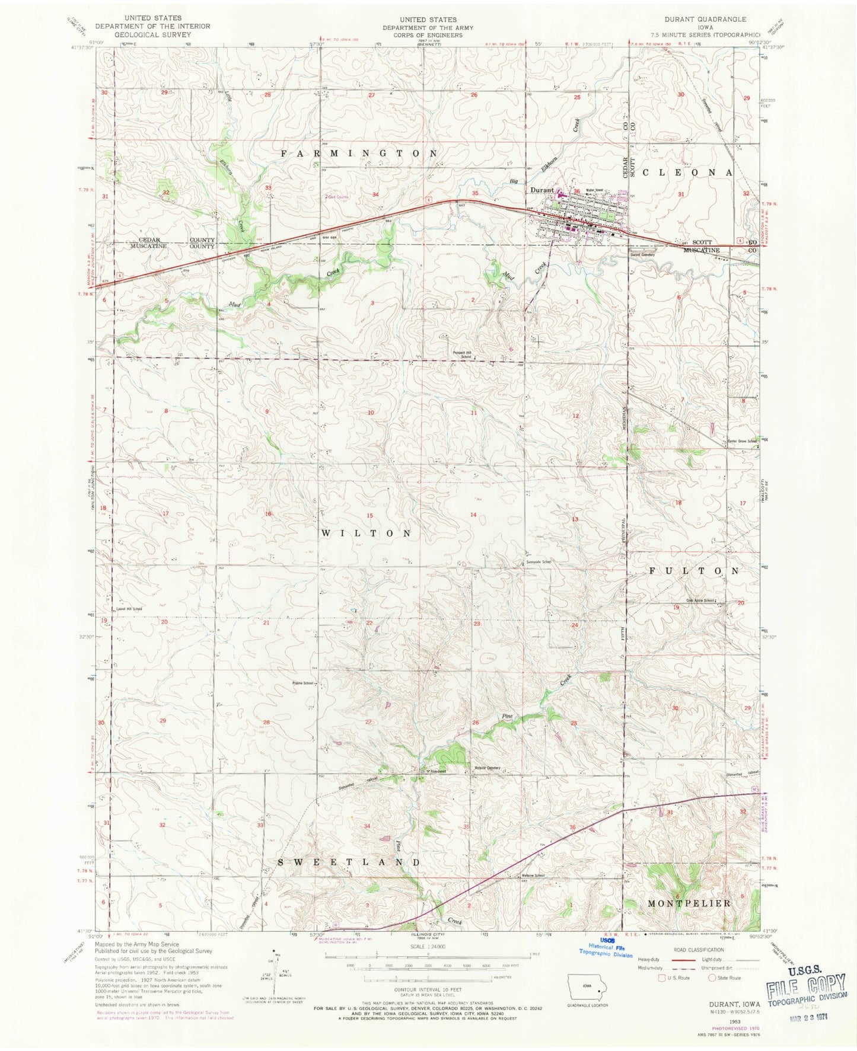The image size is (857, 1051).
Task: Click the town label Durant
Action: pos(541,190)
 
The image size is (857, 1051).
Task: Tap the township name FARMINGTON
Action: pos(359,154)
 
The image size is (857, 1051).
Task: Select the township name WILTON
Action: pos(367,534)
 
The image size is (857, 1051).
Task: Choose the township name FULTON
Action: pos(694,571)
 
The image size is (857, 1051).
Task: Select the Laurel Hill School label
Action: pos(129,609)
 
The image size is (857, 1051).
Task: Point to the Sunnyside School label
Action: pos(538,561)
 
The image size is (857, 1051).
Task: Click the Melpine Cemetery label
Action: pos(487,768)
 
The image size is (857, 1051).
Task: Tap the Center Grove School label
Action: pos(743,441)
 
